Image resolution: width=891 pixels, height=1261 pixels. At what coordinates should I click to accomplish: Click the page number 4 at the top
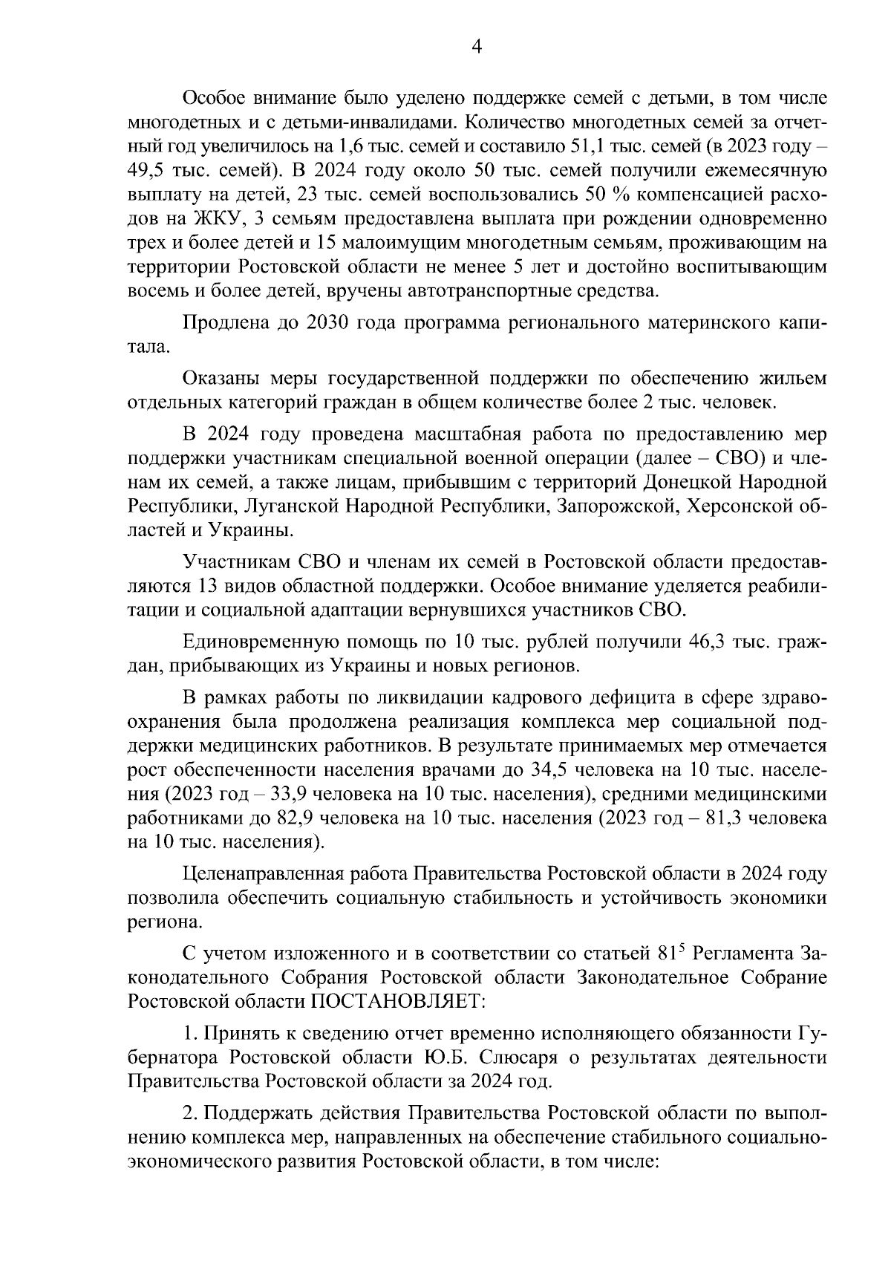pos(477,47)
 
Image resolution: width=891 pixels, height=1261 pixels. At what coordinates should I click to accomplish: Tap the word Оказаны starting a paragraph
pos(220,379)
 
